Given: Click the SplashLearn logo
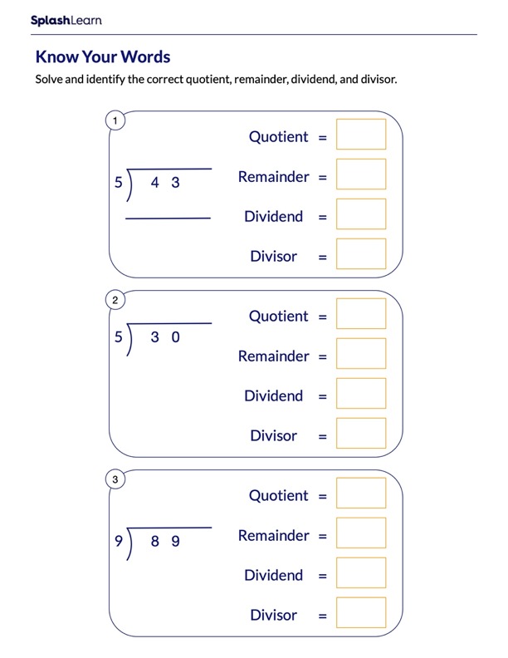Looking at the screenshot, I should [x=66, y=20].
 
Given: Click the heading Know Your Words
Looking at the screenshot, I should [x=102, y=57].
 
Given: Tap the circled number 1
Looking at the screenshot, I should [x=115, y=121].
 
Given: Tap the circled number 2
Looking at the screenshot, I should [x=115, y=300].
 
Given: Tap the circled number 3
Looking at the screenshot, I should [x=115, y=479].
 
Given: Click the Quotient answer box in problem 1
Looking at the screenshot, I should [x=361, y=135].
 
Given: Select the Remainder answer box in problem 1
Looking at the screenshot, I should [x=361, y=174].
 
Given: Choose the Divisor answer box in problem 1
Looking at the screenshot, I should [x=361, y=254].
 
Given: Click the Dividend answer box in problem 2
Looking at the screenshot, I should [x=361, y=394].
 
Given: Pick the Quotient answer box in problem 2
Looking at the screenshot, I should [x=361, y=314].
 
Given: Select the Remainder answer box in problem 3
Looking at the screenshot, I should [x=361, y=533].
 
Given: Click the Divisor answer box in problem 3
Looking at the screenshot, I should [x=361, y=613].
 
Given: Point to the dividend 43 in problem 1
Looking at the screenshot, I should [x=165, y=183].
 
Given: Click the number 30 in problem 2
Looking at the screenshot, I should [x=165, y=337].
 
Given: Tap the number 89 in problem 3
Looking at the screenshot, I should [x=165, y=542].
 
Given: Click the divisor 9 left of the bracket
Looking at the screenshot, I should [x=118, y=542].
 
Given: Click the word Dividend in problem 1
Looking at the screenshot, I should [x=273, y=217].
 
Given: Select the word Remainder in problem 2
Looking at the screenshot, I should [x=273, y=356].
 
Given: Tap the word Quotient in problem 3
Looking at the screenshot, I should [x=278, y=496].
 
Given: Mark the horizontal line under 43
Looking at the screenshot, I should [x=168, y=219].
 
